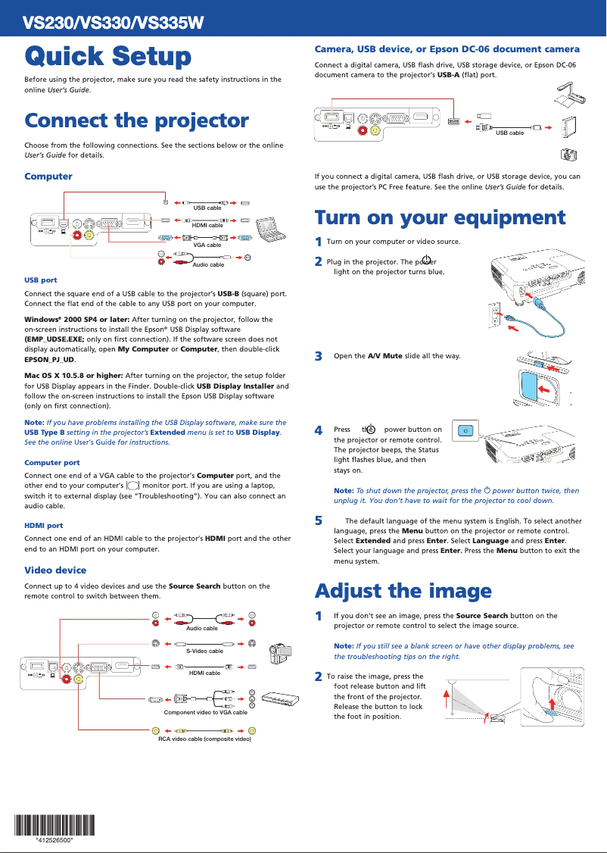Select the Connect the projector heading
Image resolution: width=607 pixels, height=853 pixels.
click(x=136, y=120)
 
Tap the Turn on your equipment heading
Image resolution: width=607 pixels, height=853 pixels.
click(x=440, y=217)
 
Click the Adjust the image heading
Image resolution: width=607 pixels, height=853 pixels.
click(x=403, y=590)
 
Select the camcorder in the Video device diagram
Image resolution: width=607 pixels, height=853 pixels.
click(x=281, y=653)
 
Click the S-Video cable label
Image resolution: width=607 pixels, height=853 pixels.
click(x=204, y=651)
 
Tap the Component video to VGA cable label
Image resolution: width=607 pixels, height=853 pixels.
click(x=205, y=712)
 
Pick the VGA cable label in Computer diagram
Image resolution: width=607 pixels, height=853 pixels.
click(x=207, y=245)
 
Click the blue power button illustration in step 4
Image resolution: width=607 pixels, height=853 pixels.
click(x=465, y=431)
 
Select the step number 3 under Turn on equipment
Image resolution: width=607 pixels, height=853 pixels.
click(x=319, y=356)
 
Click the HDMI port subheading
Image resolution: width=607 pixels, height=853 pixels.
click(x=44, y=525)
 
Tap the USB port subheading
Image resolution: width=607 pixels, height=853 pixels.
click(x=41, y=280)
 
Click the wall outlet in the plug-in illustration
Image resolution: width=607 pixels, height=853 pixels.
click(x=496, y=314)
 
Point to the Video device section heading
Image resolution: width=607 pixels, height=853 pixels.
click(x=55, y=570)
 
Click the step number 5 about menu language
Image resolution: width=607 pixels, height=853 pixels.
click(x=319, y=520)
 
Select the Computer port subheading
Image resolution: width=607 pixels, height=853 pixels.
click(x=51, y=462)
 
